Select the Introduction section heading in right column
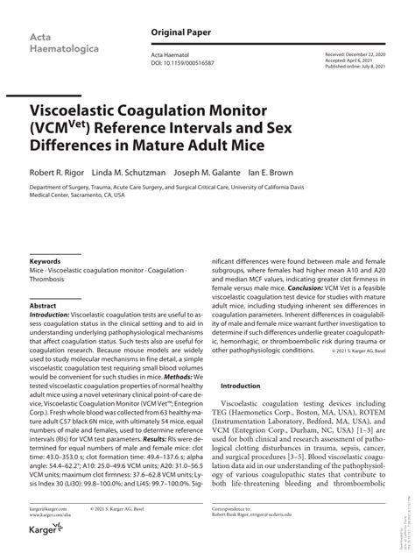tap(241, 386)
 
